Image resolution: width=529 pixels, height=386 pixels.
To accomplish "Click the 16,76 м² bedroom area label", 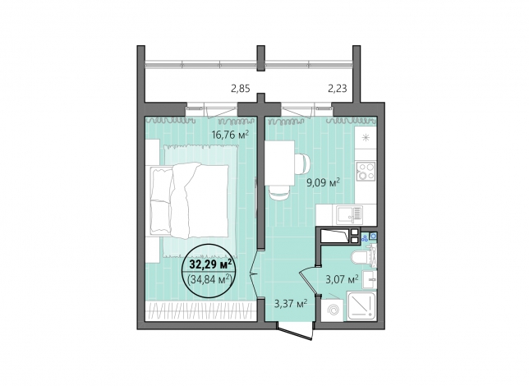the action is tap(230, 135).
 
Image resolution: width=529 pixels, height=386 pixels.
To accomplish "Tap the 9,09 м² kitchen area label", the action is tap(323, 183).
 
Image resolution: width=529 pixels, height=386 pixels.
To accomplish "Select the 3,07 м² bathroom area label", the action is tap(342, 279).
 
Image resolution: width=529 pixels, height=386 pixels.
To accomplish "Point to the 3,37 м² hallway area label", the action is tap(291, 304).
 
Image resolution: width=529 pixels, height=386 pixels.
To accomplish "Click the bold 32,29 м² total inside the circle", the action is tap(210, 264).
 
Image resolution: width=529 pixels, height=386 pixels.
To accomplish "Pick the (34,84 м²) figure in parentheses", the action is tap(209, 278).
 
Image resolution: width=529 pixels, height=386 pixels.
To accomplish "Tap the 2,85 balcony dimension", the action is tap(240, 89).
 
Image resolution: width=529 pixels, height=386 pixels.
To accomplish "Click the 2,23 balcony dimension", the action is tap(338, 89).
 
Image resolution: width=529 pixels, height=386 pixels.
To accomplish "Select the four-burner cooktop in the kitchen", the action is tap(366, 171).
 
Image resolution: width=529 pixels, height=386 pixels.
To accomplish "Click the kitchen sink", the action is tap(349, 214).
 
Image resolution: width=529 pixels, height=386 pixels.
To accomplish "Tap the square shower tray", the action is tap(361, 306).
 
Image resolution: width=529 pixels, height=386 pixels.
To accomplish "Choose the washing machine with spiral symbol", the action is tap(331, 310).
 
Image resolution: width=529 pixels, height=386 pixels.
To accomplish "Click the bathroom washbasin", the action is tap(369, 279).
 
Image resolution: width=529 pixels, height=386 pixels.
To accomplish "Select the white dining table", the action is tap(279, 163).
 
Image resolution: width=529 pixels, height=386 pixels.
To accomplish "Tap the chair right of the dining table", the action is tap(303, 164).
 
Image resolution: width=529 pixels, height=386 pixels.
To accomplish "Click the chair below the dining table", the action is tap(279, 193).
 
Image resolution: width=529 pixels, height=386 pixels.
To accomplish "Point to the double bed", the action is tap(189, 200).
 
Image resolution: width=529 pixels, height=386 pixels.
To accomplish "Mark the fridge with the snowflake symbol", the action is tap(366, 138).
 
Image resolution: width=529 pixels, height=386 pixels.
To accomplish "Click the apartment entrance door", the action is tap(296, 329).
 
